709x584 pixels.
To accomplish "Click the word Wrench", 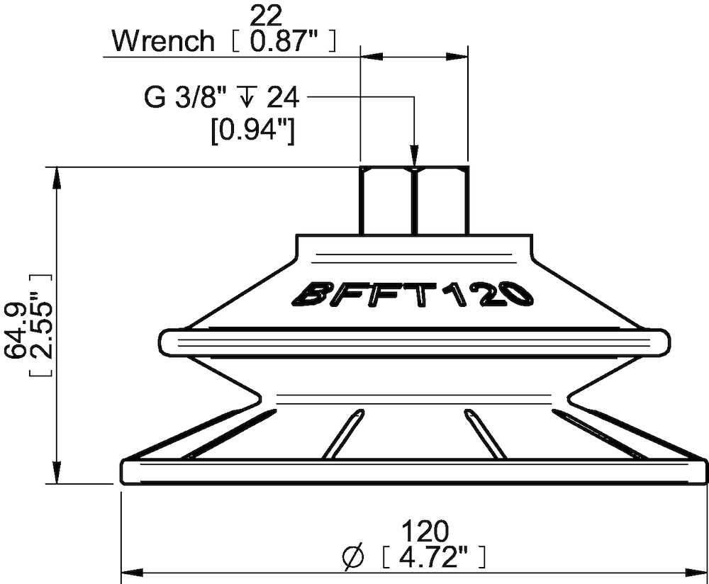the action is click(x=163, y=41).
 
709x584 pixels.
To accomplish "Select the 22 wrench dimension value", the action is click(x=266, y=16).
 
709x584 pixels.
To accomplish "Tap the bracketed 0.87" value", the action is click(x=284, y=41).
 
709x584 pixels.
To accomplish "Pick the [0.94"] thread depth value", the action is click(x=253, y=132).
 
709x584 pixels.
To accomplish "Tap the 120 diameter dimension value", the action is click(x=425, y=532).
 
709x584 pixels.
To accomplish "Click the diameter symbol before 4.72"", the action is click(x=353, y=556).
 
